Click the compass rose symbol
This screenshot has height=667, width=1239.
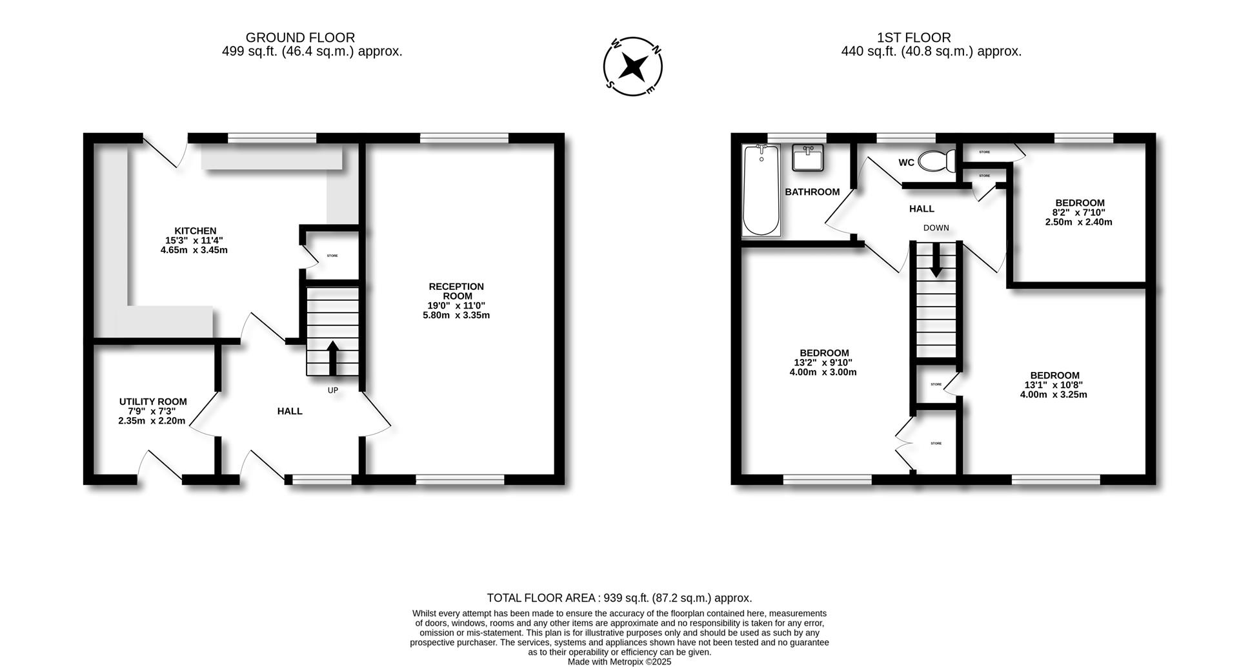(633, 67)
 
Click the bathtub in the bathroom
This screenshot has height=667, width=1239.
(761, 190)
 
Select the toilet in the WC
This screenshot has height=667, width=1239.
(937, 161)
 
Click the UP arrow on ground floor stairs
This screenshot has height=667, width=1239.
(332, 357)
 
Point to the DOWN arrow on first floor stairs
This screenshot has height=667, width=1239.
(936, 263)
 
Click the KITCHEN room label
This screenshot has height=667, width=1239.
(195, 231)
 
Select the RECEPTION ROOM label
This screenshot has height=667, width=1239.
(456, 291)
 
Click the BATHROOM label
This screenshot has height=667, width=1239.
(812, 192)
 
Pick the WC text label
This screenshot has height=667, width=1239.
(906, 163)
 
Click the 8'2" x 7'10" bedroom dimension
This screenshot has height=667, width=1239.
(1078, 212)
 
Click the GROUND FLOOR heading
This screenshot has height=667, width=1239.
(300, 38)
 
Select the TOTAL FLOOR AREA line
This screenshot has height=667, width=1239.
(619, 598)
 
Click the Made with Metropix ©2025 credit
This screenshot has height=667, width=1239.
(619, 662)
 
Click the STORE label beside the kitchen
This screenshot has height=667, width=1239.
(332, 256)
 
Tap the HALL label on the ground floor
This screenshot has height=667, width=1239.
(290, 411)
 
